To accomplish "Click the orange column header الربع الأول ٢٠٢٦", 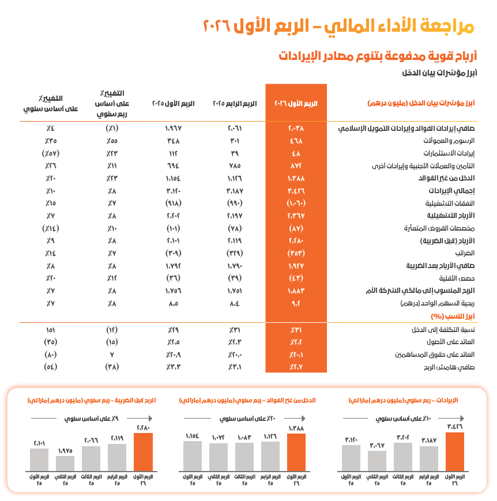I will [x=296, y=104].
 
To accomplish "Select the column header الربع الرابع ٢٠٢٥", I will [x=234, y=104].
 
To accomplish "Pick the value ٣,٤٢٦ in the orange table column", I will [x=296, y=190].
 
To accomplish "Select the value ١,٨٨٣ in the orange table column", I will [x=296, y=291].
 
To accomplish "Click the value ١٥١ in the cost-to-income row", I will [x=50, y=330].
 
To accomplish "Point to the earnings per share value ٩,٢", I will [x=296, y=303].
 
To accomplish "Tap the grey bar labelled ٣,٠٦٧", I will [x=376, y=461].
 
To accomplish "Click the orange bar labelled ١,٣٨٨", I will [x=296, y=452].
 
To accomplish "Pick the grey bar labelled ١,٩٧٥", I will [x=65, y=463].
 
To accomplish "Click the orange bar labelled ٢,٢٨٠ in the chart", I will [x=143, y=452].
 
